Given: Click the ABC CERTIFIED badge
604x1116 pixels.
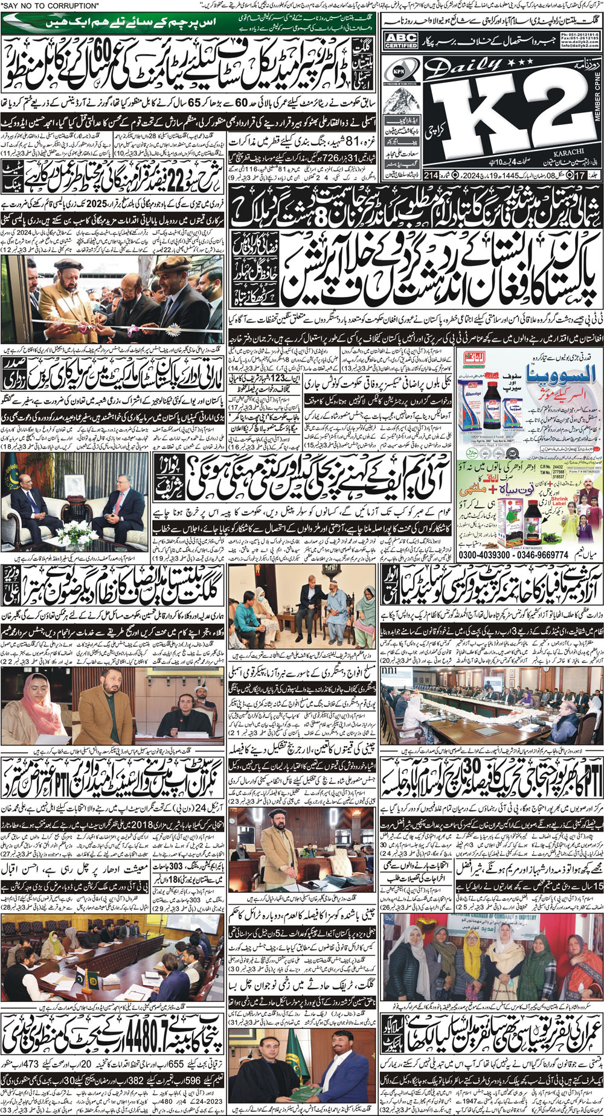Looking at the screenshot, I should (400, 40).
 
